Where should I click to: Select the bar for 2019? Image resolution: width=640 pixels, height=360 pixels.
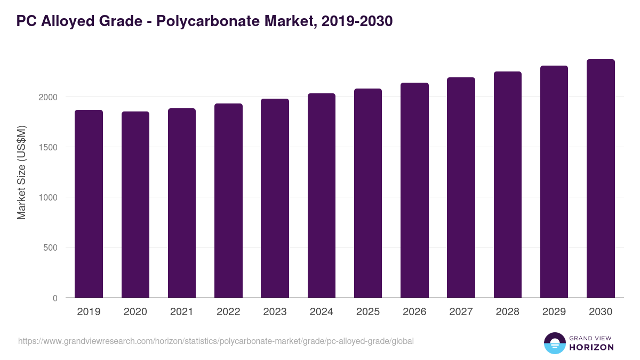[89, 204]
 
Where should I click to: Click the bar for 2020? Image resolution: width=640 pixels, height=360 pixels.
[135, 205]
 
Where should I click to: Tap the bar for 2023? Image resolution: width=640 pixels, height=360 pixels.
[275, 198]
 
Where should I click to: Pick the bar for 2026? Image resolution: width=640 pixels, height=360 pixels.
[414, 190]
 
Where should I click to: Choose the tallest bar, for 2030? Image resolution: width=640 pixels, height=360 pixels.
[601, 179]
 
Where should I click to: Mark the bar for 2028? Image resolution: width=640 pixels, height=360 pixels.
[508, 185]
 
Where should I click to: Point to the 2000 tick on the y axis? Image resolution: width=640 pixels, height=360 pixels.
[47, 98]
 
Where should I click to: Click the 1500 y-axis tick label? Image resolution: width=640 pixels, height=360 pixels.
[47, 148]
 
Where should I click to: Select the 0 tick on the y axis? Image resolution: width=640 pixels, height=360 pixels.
[54, 298]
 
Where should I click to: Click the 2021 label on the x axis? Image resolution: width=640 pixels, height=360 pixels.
[182, 312]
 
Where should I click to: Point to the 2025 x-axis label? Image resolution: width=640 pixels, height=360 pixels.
[368, 312]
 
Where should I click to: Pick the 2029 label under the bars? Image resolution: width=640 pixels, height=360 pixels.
[554, 312]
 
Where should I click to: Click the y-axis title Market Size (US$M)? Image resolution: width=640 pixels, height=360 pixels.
[22, 172]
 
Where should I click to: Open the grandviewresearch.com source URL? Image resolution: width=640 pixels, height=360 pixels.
[216, 341]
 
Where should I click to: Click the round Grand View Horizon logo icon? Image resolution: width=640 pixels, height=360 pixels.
[555, 343]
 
